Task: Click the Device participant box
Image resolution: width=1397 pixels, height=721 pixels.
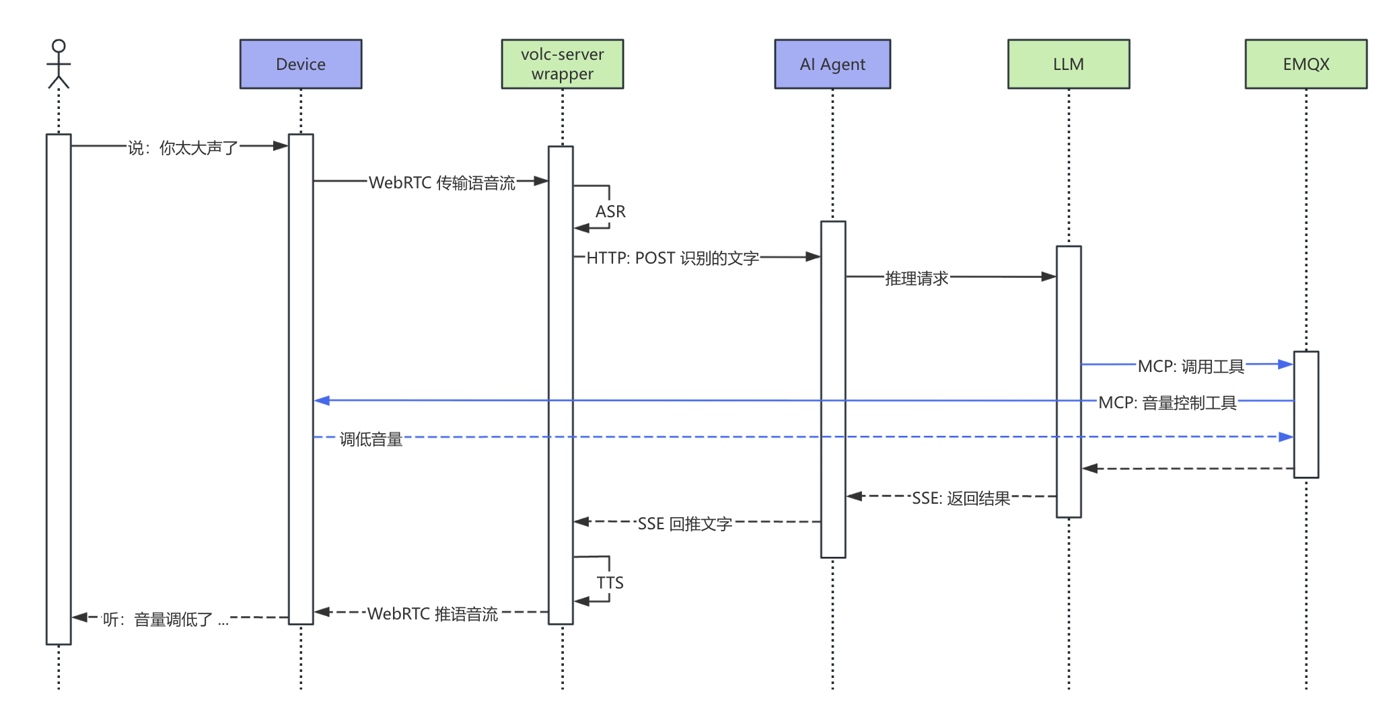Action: [301, 64]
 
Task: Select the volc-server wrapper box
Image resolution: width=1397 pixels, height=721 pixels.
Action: [562, 64]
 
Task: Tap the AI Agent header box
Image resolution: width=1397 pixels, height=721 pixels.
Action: [832, 64]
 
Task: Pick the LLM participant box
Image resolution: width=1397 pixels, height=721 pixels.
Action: [1068, 64]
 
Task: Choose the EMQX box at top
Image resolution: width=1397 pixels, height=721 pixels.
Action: [1305, 64]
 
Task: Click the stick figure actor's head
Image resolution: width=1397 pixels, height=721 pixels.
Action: [59, 46]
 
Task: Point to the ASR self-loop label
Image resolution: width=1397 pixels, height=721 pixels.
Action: [610, 212]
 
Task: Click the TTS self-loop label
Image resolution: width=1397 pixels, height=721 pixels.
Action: [610, 582]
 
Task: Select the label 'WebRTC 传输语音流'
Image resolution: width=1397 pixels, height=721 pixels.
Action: [441, 183]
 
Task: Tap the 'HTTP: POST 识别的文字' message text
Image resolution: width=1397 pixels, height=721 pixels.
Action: [672, 258]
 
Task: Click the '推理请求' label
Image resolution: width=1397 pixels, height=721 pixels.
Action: [916, 278]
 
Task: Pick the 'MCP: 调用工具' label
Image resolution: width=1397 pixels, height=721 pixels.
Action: [1190, 367]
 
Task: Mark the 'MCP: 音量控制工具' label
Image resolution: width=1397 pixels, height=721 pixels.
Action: [1167, 403]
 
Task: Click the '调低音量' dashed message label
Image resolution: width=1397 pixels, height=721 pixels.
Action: [371, 439]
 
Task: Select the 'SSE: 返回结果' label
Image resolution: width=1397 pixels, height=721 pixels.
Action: [961, 498]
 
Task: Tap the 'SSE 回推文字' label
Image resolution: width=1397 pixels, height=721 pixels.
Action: [684, 524]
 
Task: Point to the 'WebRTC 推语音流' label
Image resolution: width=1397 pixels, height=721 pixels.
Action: [432, 614]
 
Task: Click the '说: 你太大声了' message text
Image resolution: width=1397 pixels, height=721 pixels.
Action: [183, 148]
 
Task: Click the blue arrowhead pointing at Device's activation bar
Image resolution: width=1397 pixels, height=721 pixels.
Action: [322, 400]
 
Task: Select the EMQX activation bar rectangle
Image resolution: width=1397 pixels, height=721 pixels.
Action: [1305, 415]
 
